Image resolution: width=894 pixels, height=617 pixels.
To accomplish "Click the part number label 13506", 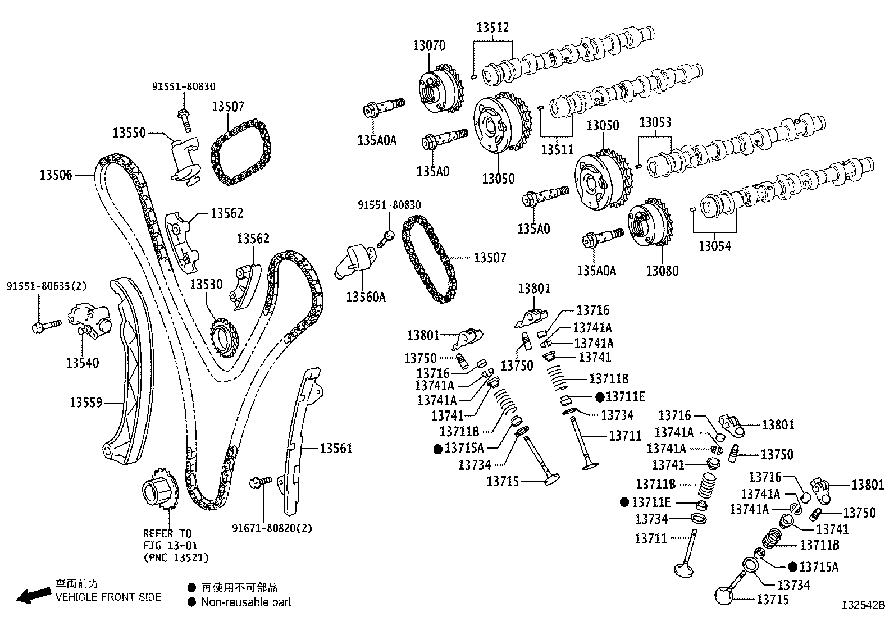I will tap(56, 175).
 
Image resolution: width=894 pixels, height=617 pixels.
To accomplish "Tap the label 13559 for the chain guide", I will tap(86, 402).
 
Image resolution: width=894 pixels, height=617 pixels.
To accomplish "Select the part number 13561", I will tap(336, 448).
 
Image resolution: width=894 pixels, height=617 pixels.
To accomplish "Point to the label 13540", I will tap(82, 363).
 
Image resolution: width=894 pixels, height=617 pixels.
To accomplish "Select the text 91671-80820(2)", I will tap(272, 528).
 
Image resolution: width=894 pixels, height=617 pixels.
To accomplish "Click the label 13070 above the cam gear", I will tap(429, 45).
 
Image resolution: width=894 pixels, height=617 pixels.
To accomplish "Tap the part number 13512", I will tap(492, 27).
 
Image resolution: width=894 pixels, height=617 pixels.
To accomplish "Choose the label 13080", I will tap(662, 271).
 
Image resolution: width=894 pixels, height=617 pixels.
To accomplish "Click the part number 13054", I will tap(715, 245).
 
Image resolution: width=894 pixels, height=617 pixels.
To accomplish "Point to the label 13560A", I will tap(366, 297).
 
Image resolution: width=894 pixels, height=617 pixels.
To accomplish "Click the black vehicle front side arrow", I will tap(33, 596).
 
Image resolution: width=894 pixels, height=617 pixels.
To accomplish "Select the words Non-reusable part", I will tap(246, 602).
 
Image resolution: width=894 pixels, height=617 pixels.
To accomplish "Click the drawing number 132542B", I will tap(863, 605).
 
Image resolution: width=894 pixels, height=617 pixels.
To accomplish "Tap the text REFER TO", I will tap(167, 533).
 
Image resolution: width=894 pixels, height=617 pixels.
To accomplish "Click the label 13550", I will tap(129, 133).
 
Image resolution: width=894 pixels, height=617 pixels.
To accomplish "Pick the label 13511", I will tap(557, 149).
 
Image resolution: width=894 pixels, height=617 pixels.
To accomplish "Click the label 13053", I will tap(655, 122).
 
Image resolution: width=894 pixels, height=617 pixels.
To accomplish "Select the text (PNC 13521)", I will tap(176, 557).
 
